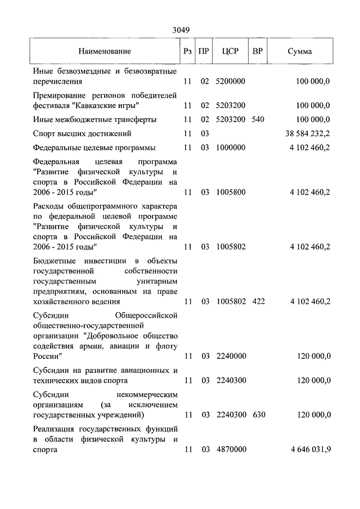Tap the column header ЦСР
231,51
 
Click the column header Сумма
300,51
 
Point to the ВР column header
258,51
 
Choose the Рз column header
187,51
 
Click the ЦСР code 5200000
231,82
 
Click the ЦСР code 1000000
231,148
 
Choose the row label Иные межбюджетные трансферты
94,120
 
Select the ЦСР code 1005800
231,192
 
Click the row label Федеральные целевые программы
94,148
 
